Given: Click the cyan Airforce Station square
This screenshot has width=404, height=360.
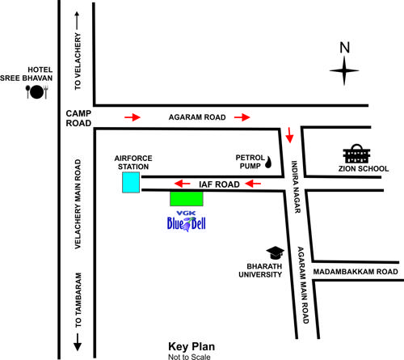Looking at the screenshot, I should pos(131,182).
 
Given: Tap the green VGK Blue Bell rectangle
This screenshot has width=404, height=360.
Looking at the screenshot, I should pos(186,197).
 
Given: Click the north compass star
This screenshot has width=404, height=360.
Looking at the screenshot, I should pos(345,74).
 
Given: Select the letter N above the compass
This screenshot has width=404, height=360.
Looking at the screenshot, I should pos(345,48).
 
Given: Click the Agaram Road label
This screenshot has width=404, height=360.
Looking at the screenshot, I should pos(196,118).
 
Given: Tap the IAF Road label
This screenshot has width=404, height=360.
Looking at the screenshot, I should pos(218,184).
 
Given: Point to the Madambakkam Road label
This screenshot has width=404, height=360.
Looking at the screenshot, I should pos(356,272).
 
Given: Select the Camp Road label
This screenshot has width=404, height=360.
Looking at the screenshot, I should pos(79,119).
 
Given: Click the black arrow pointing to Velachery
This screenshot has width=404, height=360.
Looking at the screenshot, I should pos(78,20).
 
